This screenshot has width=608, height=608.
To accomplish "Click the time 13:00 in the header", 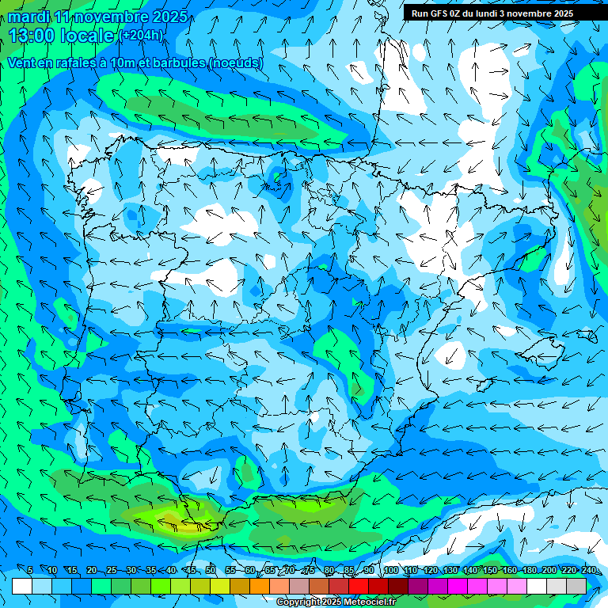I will tap(33, 35).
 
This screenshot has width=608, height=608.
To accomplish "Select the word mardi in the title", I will tap(28, 17).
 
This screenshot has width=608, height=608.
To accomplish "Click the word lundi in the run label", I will tap(500, 13).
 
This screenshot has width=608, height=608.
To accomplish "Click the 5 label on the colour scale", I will tap(30, 571).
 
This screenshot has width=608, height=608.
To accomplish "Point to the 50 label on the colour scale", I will tap(211, 571).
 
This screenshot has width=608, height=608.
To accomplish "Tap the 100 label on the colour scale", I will tap(390, 571).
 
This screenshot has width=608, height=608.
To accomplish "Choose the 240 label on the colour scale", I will tap(589, 571).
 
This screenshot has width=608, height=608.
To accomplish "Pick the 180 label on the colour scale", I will tap(530, 571).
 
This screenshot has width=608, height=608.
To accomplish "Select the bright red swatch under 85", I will tap(359, 586).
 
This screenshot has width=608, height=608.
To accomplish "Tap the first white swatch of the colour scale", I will tap(22, 586).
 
